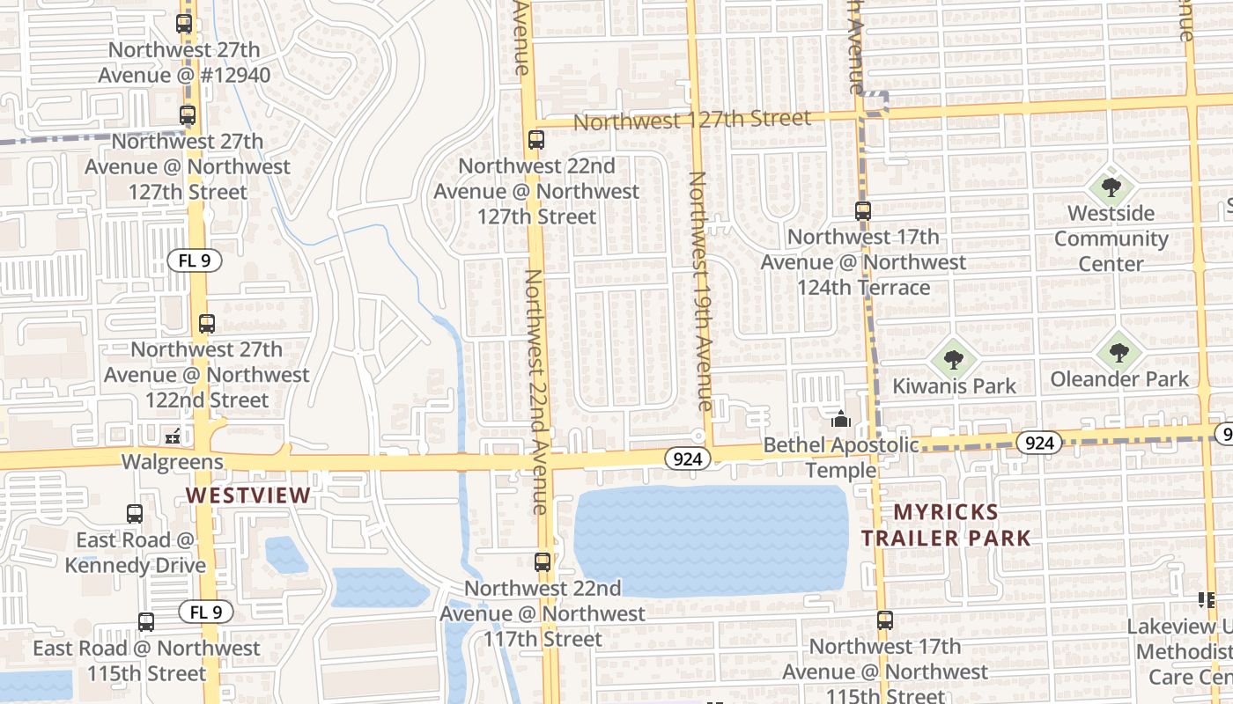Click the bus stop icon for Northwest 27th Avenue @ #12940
pyautogui.click(x=184, y=24)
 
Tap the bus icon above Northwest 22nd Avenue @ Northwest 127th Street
pyautogui.click(x=535, y=139)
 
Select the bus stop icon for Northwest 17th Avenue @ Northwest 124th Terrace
pyautogui.click(x=863, y=211)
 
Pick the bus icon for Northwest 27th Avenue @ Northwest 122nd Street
pyautogui.click(x=207, y=324)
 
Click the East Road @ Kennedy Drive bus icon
pyautogui.click(x=135, y=514)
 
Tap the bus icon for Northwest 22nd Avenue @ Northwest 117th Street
pyautogui.click(x=543, y=562)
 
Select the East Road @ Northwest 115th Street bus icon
pyautogui.click(x=146, y=622)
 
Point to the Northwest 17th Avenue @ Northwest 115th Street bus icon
pyautogui.click(x=885, y=620)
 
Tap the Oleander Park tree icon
pyautogui.click(x=1119, y=353)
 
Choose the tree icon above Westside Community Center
pyautogui.click(x=1111, y=187)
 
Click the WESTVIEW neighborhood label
pyautogui.click(x=248, y=495)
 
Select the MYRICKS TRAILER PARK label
pyautogui.click(x=946, y=525)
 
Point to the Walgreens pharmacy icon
pyautogui.click(x=174, y=436)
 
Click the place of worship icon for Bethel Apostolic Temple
pyautogui.click(x=840, y=419)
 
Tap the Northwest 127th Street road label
pyautogui.click(x=692, y=120)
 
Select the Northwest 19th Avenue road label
pyautogui.click(x=701, y=291)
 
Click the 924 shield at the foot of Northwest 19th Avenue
pyautogui.click(x=687, y=458)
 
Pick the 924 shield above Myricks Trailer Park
pyautogui.click(x=1039, y=443)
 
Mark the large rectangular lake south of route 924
pyautogui.click(x=711, y=540)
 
